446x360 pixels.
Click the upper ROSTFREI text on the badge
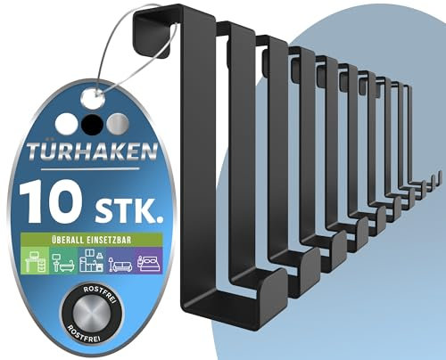pyautogui.click(x=90, y=295)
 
